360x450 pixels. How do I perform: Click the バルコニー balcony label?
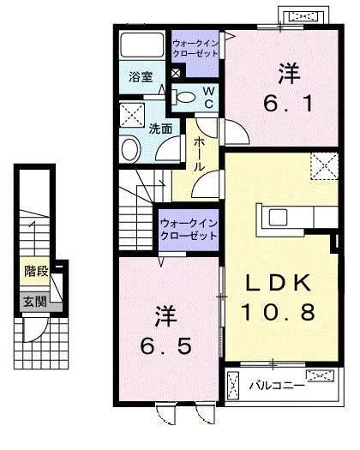(277, 386)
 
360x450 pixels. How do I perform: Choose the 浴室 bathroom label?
(141, 77)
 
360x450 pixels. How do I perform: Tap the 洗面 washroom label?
(160, 129)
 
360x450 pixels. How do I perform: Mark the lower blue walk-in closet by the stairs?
(188, 230)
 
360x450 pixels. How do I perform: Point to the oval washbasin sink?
(130, 149)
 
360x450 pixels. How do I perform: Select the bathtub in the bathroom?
(141, 45)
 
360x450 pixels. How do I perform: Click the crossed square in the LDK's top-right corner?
(325, 164)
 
